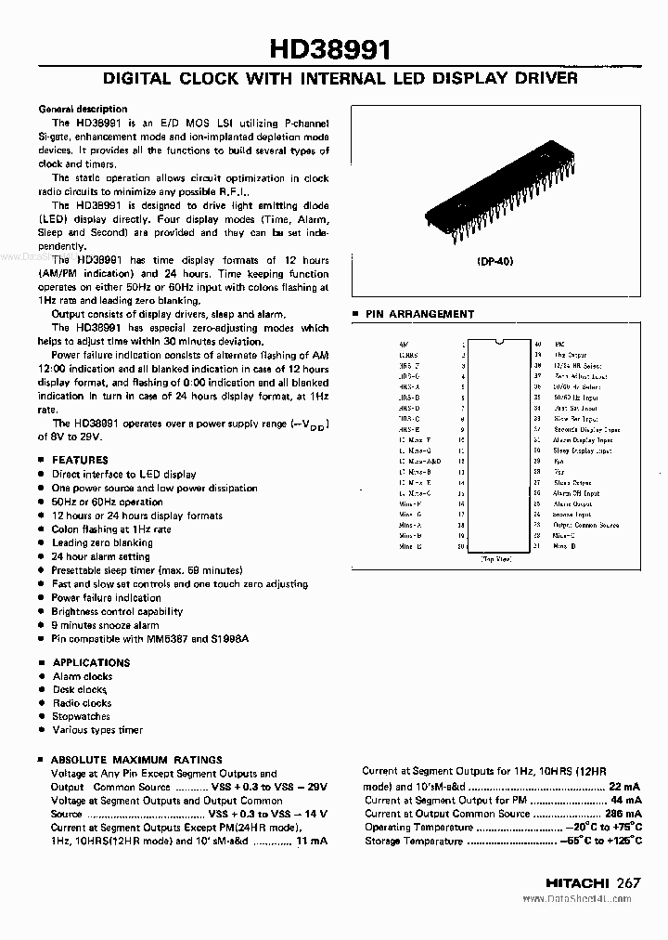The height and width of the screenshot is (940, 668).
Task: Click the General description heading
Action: coord(83,109)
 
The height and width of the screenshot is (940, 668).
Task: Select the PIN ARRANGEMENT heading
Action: coord(418,314)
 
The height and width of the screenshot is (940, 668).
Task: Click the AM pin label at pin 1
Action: coord(404,344)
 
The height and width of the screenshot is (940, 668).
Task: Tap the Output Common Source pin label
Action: coord(585,525)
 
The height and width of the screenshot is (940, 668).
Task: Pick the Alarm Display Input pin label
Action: coord(583,440)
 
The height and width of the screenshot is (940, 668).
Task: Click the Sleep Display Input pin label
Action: coord(583,450)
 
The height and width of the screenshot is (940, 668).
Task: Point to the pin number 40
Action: coord(538,344)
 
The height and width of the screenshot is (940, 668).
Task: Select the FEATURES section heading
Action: coord(80,460)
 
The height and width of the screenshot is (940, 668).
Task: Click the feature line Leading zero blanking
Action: coord(102,542)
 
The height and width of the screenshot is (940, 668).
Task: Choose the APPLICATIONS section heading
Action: coord(91,662)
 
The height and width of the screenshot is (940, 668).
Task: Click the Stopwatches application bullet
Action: coord(81,716)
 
